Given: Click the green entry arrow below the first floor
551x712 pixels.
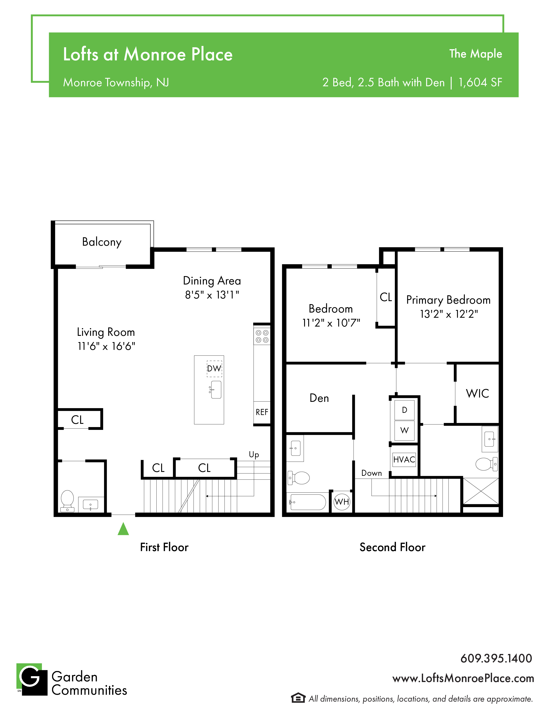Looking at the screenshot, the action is (x=123, y=529).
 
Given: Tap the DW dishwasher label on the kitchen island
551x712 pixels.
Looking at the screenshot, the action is (x=214, y=368).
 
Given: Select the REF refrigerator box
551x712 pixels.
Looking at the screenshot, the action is (x=262, y=412).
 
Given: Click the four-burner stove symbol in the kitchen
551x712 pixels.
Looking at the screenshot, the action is (x=262, y=336).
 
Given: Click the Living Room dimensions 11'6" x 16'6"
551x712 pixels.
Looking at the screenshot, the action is (x=106, y=346).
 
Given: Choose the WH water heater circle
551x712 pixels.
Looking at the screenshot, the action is (x=342, y=502).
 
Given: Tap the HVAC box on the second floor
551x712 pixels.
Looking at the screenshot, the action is (x=404, y=460).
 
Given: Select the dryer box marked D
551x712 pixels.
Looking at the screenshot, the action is (x=404, y=410).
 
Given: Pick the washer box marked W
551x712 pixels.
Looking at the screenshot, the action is (x=404, y=430).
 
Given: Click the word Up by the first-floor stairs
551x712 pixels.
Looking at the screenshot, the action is (x=254, y=455).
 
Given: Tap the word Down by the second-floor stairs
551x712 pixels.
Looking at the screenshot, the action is (x=372, y=473).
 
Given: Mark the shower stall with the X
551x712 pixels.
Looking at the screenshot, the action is (x=481, y=491).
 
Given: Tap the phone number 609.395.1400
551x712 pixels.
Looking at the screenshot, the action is (x=496, y=658).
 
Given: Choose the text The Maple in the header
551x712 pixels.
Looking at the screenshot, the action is (x=476, y=54).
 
